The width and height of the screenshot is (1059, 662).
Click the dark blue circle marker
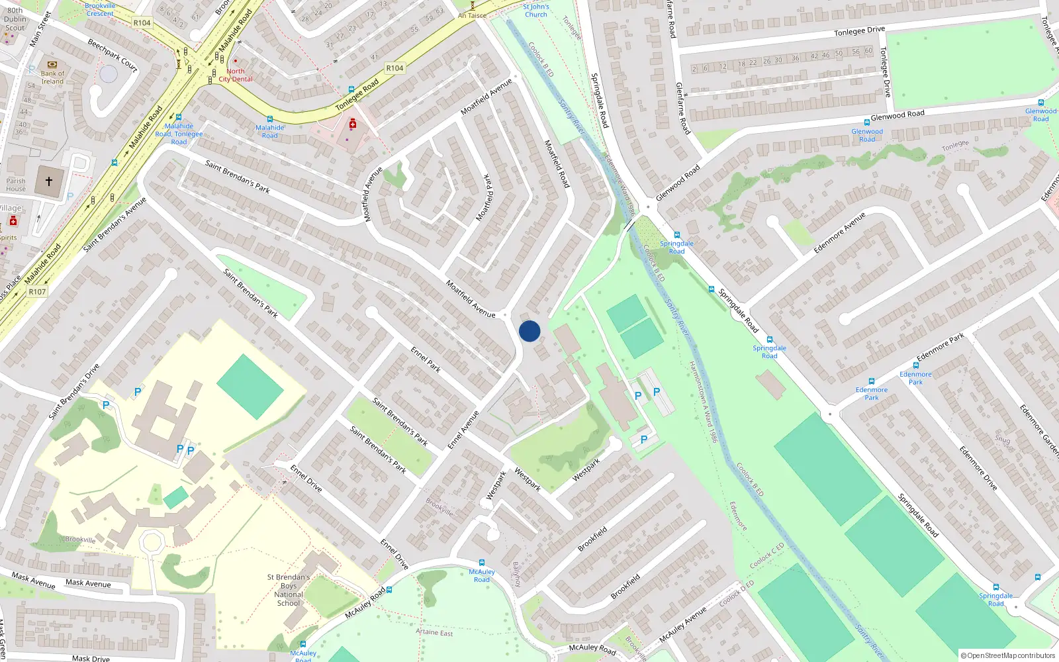pos(529,331)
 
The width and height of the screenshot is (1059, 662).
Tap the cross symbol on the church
pos(49,180)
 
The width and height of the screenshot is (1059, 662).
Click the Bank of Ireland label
pos(52,77)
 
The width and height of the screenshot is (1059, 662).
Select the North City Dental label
pos(236,75)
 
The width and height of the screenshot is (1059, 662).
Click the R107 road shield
pos(37,291)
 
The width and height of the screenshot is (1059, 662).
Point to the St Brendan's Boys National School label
pos(289,590)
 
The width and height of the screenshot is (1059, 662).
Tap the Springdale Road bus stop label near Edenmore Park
pos(769,352)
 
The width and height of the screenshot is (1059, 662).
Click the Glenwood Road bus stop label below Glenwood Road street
pos(867,135)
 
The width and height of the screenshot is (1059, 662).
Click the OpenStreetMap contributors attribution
pos(1007,655)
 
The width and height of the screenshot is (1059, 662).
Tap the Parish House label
pos(16,185)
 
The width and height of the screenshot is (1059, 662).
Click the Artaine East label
pos(434,632)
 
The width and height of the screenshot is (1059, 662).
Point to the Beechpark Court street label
pos(113,55)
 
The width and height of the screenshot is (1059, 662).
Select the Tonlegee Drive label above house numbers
pos(859,31)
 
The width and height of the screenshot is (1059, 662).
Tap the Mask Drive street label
pos(91,658)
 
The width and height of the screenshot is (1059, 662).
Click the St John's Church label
pos(535,11)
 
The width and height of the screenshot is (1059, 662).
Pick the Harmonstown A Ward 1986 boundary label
pos(704,401)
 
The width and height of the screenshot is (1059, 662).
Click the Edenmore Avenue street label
pos(839,232)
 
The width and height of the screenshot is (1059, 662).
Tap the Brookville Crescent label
pos(100,9)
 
